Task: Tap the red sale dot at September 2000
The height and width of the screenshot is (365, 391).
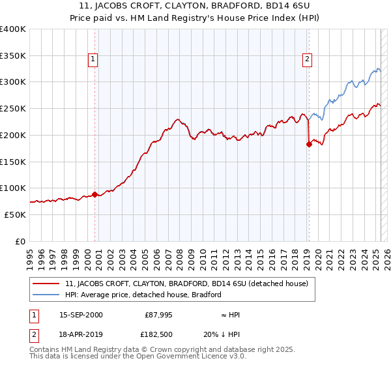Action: point(94,194)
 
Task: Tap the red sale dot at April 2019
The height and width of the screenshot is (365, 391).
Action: point(309,145)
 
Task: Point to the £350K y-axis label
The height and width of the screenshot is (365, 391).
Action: point(13,55)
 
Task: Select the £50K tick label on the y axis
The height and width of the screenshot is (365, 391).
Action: point(15,214)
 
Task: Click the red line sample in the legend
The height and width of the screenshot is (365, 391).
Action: point(47,284)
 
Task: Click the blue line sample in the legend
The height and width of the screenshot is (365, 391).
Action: point(47,295)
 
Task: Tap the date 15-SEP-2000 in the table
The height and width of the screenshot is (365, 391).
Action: point(81,315)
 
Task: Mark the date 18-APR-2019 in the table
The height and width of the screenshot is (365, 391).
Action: point(81,336)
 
